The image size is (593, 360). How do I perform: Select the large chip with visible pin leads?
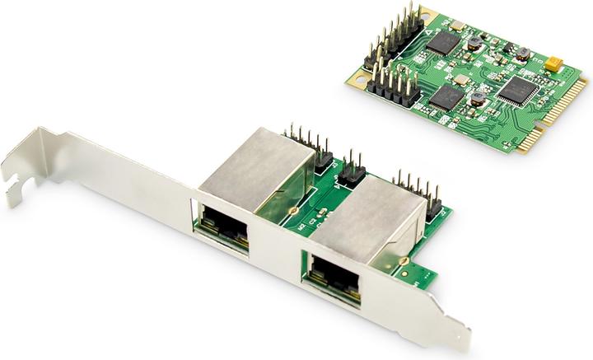click(517, 89)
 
